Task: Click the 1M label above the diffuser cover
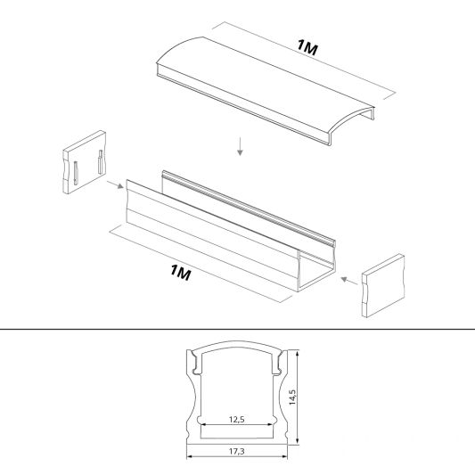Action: point(307,47)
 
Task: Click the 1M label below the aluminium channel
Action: point(181,273)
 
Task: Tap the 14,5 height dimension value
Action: point(292,397)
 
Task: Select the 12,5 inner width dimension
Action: point(236,420)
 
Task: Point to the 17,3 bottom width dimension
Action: point(236,451)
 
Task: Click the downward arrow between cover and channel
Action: point(240,147)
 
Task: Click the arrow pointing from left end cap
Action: point(115,184)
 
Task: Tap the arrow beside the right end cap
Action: point(349,281)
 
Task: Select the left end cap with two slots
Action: point(84,162)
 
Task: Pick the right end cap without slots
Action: point(383,286)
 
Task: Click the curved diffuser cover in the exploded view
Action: point(265,91)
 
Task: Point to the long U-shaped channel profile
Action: point(230,231)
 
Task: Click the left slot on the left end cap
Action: point(76,173)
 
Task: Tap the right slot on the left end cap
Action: point(101,162)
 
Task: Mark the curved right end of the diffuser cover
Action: point(351,125)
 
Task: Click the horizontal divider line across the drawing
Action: point(237,329)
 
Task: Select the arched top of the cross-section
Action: point(236,345)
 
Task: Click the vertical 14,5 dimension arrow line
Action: point(298,397)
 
